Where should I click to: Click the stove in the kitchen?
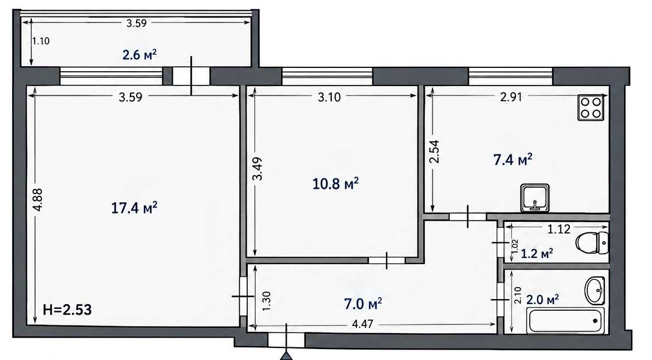(x=591, y=107)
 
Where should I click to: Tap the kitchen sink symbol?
(x=535, y=198)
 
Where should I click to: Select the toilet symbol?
(x=592, y=242)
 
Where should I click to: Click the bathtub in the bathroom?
(x=565, y=320)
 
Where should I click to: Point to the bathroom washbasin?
(x=595, y=290)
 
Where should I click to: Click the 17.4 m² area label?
(x=134, y=208)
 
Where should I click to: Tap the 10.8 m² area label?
(x=335, y=184)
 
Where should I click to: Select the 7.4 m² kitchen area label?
(x=513, y=159)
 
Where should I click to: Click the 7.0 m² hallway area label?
(x=362, y=304)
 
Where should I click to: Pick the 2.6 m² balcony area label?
(x=139, y=54)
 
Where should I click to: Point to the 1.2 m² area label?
(x=537, y=253)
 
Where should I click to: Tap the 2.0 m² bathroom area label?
(x=543, y=299)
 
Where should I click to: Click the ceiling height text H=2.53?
(x=67, y=310)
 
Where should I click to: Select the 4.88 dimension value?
(x=38, y=200)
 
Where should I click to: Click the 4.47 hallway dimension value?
(x=362, y=323)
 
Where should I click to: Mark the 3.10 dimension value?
(x=330, y=98)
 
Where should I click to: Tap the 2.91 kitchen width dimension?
(x=511, y=97)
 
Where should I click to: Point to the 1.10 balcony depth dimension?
(x=41, y=41)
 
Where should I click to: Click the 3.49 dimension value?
(x=258, y=168)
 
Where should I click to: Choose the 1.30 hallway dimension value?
(x=267, y=301)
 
